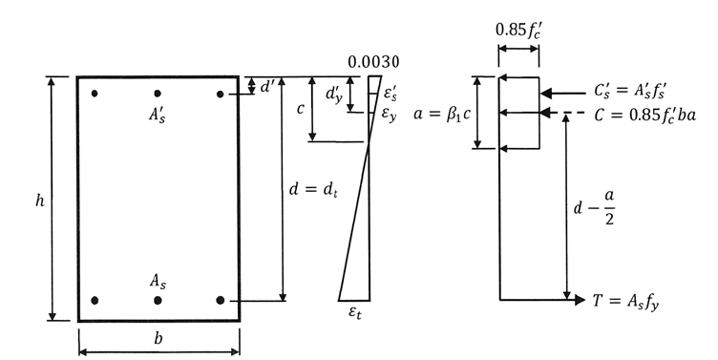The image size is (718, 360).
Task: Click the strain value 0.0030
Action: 373,63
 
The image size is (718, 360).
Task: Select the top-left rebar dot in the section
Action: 95,94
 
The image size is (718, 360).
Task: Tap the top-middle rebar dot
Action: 158,94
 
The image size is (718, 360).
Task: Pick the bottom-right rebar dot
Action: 221,300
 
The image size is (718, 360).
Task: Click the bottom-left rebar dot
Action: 95,300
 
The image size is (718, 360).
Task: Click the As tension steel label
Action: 158,280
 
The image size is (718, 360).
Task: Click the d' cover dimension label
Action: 266,86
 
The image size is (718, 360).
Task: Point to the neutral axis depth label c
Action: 300,109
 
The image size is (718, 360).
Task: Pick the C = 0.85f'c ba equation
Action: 646,114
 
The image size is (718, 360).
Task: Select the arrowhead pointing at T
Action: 579,300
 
